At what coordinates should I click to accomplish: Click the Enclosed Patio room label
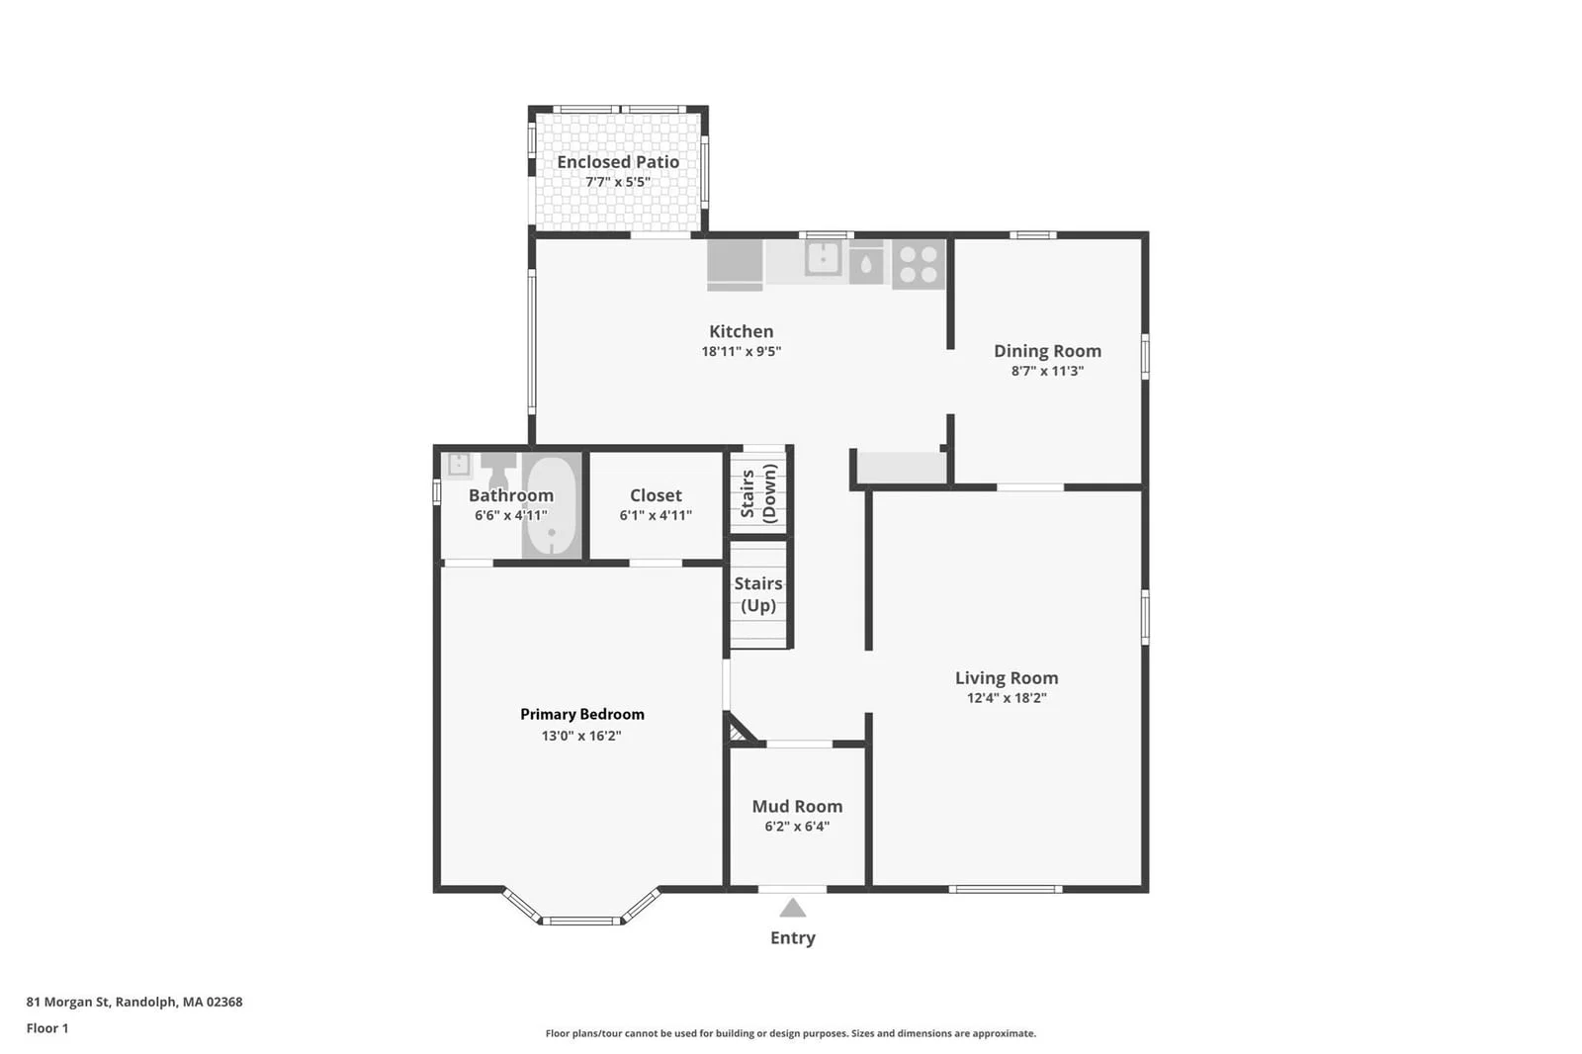[x=618, y=162]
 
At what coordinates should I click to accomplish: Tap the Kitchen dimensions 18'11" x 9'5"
[x=741, y=351]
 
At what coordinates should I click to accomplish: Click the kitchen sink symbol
[x=823, y=258]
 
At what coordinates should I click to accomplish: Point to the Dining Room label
[x=1047, y=351]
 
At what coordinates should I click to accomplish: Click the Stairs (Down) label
[x=758, y=493]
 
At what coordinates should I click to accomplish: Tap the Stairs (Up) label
[x=758, y=594]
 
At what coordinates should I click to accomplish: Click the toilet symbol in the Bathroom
[x=498, y=469]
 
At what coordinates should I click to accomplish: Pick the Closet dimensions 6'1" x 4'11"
[x=656, y=515]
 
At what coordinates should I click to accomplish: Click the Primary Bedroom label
[x=582, y=714]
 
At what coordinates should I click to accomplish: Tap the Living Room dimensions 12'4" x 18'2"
[x=1007, y=698]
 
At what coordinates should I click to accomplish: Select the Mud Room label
[x=797, y=806]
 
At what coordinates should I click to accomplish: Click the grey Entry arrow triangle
[x=792, y=909]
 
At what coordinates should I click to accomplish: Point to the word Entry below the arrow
[x=792, y=938]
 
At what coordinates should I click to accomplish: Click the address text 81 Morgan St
[x=68, y=1002]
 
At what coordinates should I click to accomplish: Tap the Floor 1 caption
[x=47, y=1028]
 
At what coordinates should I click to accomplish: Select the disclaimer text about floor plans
[x=790, y=1033]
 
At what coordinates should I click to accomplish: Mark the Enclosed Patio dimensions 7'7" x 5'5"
[x=618, y=182]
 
